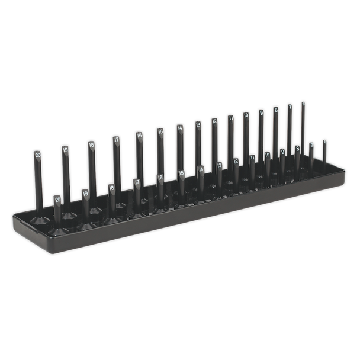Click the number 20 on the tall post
point(37,155)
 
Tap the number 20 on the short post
point(57,200)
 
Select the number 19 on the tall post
point(65,149)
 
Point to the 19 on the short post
point(85,193)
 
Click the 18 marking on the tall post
point(91,144)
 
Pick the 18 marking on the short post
point(111,188)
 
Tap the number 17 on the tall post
point(116,140)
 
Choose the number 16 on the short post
point(160,178)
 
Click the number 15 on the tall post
point(160,131)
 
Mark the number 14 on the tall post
point(179,127)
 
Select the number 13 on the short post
point(220,165)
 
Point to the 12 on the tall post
point(214,121)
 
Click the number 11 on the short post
point(252,158)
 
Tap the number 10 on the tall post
point(246,115)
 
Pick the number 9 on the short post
point(282,152)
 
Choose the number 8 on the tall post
point(275,110)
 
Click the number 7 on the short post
point(311,145)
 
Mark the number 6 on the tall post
point(303,104)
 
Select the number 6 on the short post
point(324,142)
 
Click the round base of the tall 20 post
point(40,220)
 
